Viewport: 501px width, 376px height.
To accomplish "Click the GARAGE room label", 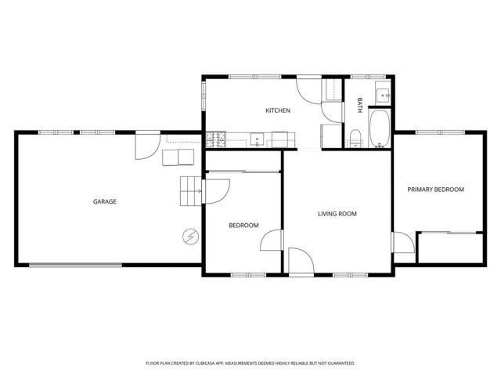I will coord(105,201).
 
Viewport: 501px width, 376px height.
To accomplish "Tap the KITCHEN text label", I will coord(278,110).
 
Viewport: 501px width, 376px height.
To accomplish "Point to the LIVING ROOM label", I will coord(337,214).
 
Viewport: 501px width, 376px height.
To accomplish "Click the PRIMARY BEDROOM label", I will coord(435,190).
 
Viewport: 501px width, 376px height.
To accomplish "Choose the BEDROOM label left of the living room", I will coord(243,226).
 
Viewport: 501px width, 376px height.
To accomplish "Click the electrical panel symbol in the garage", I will coord(190,235).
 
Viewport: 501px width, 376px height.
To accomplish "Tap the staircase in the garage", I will coord(191,191).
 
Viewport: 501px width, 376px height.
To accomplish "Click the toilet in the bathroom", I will coord(355,138).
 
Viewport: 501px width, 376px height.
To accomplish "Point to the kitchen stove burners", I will coord(216,141).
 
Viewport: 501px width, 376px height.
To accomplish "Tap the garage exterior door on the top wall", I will coord(146,143).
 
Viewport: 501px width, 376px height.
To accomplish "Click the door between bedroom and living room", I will coord(272,241).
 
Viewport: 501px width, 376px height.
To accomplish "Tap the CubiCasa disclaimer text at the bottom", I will coord(250,363).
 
